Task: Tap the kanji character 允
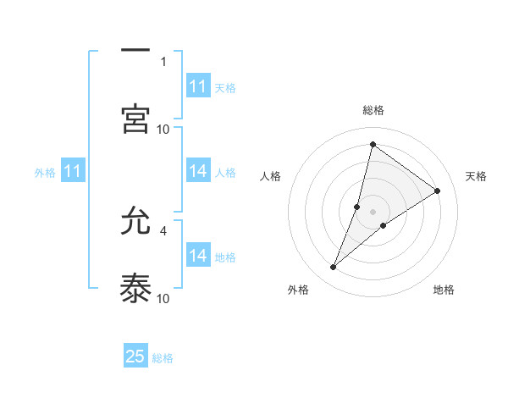click(x=135, y=223)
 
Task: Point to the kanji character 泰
click(x=135, y=288)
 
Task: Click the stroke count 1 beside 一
click(x=163, y=61)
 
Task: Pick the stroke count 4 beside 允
click(x=163, y=229)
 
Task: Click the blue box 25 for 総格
click(x=135, y=357)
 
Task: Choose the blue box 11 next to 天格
click(x=198, y=86)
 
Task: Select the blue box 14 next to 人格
click(x=198, y=171)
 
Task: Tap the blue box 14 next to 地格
click(x=198, y=256)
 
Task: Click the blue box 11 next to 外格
click(x=72, y=171)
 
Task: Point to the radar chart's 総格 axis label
click(x=373, y=110)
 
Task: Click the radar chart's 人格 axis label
click(x=270, y=176)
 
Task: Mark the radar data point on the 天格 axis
click(x=437, y=191)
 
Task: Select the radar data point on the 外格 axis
click(x=334, y=268)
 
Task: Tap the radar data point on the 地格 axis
click(x=384, y=224)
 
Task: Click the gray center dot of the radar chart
click(x=373, y=211)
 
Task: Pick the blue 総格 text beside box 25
click(x=163, y=358)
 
